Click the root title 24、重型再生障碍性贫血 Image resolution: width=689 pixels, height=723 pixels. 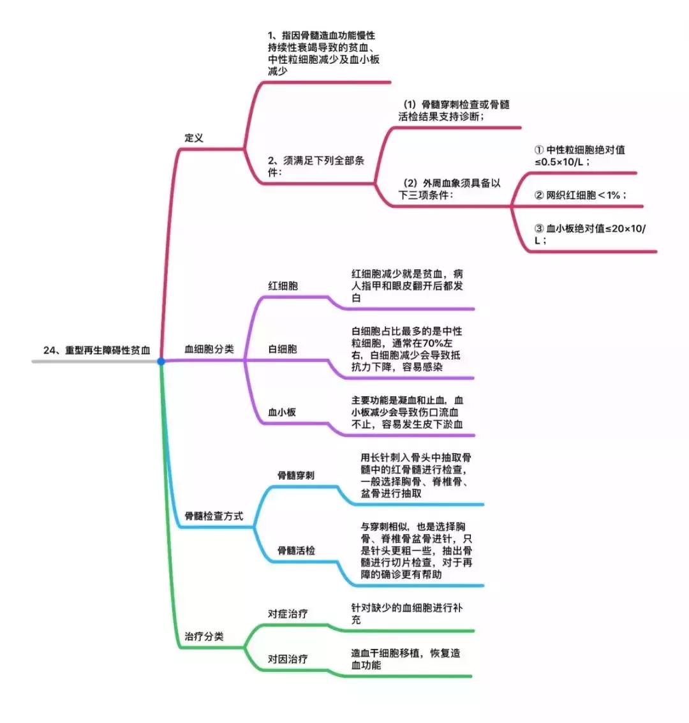[x=97, y=350]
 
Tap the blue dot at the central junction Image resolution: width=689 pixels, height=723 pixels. [x=161, y=362]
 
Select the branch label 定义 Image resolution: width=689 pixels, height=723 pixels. [x=194, y=138]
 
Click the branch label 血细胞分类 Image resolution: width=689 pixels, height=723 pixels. [x=209, y=349]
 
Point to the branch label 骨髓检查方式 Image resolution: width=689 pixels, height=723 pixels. [x=214, y=516]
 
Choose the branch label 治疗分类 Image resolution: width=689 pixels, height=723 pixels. [x=204, y=636]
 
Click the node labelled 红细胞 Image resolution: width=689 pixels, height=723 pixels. [x=283, y=286]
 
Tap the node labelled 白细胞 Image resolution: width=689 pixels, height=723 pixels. [x=283, y=349]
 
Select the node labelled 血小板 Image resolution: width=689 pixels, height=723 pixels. [x=282, y=412]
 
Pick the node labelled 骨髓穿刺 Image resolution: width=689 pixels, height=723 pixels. [x=295, y=475]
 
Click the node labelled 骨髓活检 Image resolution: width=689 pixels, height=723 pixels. [x=296, y=550]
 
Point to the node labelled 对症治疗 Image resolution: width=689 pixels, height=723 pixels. [x=288, y=613]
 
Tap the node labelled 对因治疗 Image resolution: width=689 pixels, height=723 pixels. [x=288, y=659]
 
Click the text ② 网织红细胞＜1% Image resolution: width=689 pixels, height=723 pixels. [x=579, y=195]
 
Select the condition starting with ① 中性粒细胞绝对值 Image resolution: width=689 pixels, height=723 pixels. [x=579, y=156]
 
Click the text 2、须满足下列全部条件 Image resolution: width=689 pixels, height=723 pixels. [x=316, y=167]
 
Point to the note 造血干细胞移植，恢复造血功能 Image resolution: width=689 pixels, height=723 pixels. [x=405, y=659]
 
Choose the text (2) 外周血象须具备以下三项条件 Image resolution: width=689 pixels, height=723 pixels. [x=450, y=189]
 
